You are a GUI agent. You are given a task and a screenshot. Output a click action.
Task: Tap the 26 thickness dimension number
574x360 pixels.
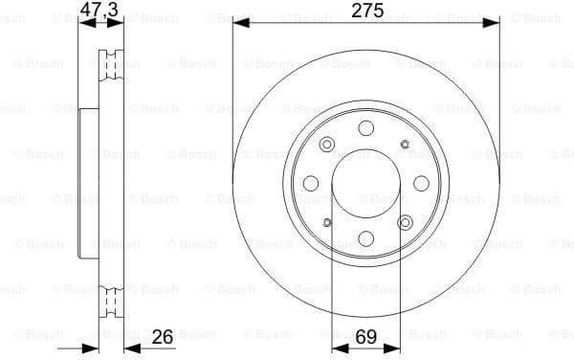click(x=162, y=336)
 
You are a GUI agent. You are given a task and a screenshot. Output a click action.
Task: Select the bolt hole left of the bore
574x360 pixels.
click(x=311, y=184)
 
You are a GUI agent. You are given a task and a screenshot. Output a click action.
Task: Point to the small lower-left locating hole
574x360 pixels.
click(x=327, y=223)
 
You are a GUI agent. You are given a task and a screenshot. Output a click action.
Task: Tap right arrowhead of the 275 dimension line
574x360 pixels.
click(x=496, y=22)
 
